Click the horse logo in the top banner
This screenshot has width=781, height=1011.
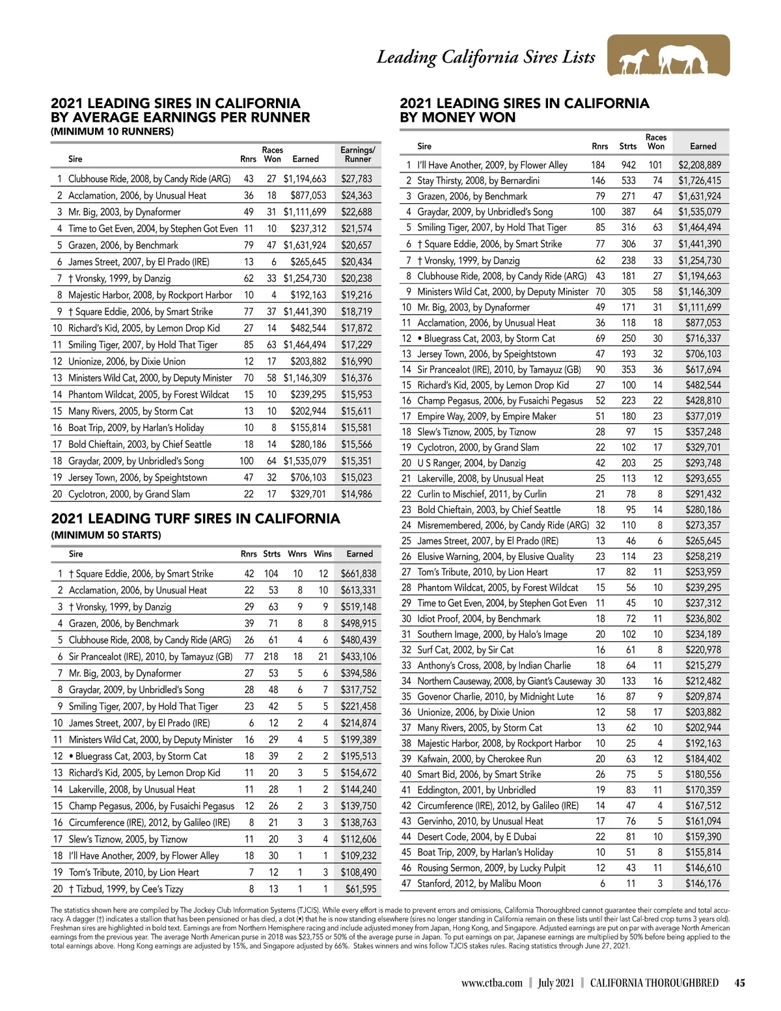click(668, 56)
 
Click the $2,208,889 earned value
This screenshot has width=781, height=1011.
click(700, 165)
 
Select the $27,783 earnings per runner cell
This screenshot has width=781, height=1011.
click(357, 178)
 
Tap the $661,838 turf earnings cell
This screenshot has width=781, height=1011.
click(359, 574)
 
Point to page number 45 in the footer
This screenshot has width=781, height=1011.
click(739, 983)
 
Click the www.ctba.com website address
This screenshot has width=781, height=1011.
click(491, 983)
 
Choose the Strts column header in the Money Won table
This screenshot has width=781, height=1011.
click(627, 146)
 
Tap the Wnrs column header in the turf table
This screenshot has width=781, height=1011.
click(297, 554)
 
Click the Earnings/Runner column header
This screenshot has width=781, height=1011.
click(358, 154)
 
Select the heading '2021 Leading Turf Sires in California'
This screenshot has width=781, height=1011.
click(195, 519)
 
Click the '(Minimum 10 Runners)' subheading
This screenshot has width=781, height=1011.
click(112, 132)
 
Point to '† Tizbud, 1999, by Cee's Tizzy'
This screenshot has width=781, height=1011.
click(126, 889)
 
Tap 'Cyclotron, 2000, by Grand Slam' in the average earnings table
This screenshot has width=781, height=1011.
click(129, 494)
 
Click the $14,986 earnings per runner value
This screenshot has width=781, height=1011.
click(357, 494)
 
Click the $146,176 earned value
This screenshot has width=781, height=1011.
click(703, 883)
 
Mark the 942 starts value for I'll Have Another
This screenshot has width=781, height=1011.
click(628, 165)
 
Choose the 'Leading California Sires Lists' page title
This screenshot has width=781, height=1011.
click(486, 57)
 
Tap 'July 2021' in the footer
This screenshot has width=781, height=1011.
click(556, 983)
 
